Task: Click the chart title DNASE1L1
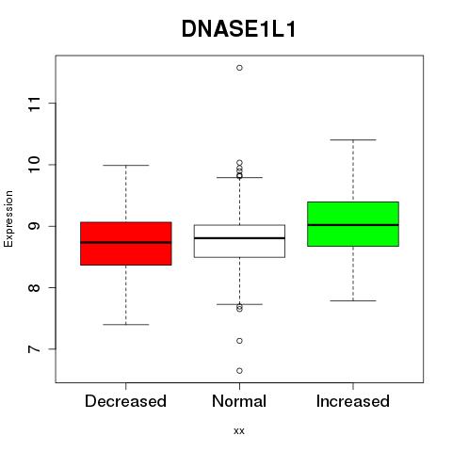[x=239, y=29]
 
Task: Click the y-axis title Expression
[x=8, y=219]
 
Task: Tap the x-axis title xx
[x=239, y=431]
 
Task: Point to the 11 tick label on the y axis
[x=34, y=104]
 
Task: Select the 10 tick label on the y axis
[x=34, y=165]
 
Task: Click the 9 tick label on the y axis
[x=34, y=226]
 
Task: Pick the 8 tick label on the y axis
[x=34, y=287]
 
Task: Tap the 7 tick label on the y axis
[x=34, y=349]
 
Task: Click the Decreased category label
[x=125, y=401]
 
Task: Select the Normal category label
[x=239, y=401]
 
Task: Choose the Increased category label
[x=353, y=401]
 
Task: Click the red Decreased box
[x=126, y=244]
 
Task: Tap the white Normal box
[x=239, y=241]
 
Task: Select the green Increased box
[x=353, y=224]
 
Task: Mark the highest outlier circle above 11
[x=239, y=68]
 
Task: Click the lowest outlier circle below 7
[x=239, y=371]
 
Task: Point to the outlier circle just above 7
[x=239, y=341]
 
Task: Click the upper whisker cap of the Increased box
[x=353, y=139]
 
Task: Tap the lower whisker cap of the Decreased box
[x=126, y=324]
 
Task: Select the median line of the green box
[x=353, y=225]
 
